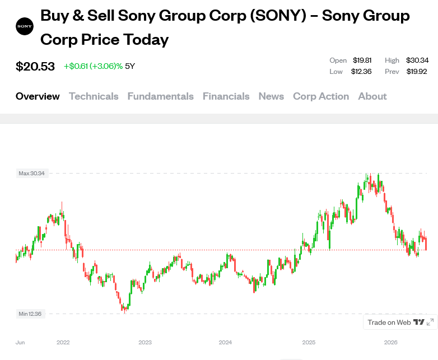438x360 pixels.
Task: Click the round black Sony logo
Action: [25, 26]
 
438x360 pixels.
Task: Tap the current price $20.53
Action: [35, 67]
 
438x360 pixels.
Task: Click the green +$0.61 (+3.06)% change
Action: [94, 66]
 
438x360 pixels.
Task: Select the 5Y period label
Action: [130, 66]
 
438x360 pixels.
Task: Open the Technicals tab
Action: [94, 96]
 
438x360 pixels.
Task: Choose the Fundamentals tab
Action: [161, 96]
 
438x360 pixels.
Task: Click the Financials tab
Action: [226, 96]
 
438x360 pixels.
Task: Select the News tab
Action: [271, 96]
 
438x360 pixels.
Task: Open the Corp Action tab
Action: [321, 96]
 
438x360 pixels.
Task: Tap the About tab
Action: [372, 96]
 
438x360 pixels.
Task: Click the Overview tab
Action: [38, 96]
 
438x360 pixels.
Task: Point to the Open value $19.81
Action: [362, 60]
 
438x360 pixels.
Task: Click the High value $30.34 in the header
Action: [417, 60]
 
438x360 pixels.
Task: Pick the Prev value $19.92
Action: [417, 72]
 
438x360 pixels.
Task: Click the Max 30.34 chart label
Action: [32, 174]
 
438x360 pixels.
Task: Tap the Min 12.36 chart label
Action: [30, 314]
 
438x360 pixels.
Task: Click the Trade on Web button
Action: [400, 322]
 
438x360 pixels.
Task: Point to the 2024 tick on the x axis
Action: [225, 343]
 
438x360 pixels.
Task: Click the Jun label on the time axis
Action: [20, 343]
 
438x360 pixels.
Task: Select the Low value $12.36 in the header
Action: [361, 72]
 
